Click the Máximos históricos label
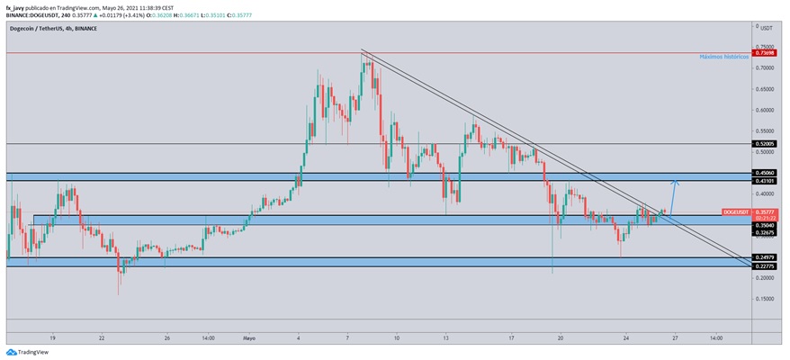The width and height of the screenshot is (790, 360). click(x=723, y=57)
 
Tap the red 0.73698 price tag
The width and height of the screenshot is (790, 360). click(x=765, y=53)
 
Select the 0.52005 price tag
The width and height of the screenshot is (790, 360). click(x=765, y=144)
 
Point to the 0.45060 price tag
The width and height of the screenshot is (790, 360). click(x=765, y=173)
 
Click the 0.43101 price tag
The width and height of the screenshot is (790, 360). click(x=765, y=182)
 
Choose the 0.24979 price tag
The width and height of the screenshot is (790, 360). click(x=765, y=257)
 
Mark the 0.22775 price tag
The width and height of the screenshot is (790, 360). click(x=765, y=266)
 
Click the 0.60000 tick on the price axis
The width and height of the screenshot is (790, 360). click(x=767, y=110)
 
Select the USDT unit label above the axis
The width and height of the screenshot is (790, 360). click(x=766, y=27)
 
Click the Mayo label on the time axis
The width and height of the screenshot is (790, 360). click(x=249, y=338)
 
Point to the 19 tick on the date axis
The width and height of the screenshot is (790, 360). click(x=53, y=338)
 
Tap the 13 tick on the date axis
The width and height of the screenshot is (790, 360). click(x=445, y=338)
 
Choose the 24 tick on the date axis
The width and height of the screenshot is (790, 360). click(x=624, y=338)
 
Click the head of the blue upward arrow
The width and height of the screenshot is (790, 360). click(x=676, y=183)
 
